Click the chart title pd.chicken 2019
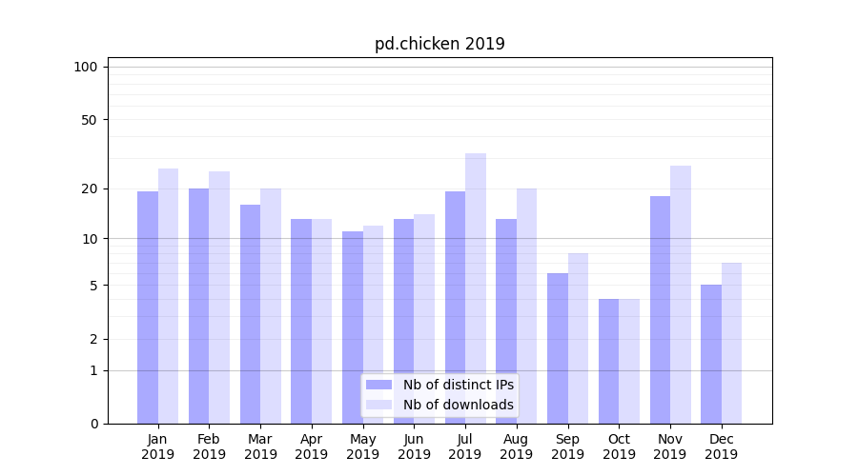[439, 44]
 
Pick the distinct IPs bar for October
[609, 361]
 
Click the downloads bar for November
[681, 294]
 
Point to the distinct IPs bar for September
[558, 347]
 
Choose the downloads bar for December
[731, 343]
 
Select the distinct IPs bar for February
[198, 306]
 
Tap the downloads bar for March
[271, 306]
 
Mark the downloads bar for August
[527, 306]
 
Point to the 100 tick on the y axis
[86, 67]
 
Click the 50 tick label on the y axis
[90, 120]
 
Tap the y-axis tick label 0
[93, 424]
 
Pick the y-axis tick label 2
[93, 339]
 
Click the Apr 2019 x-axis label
[312, 446]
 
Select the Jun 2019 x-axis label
[414, 446]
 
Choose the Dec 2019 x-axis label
[721, 446]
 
